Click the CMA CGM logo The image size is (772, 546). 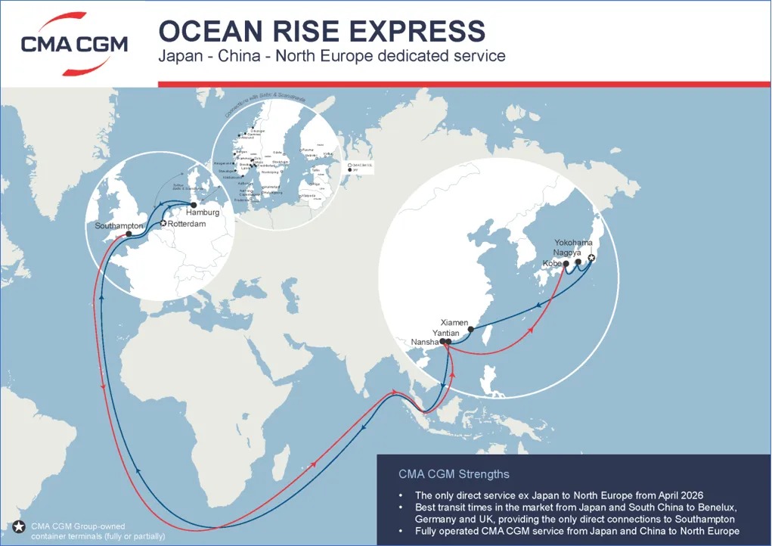[74, 44]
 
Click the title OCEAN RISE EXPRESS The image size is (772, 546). [321, 30]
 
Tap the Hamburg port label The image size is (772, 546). [203, 213]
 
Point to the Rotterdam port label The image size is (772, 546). [187, 224]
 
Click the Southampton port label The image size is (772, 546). [119, 226]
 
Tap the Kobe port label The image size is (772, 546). [552, 263]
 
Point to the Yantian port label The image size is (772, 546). [446, 332]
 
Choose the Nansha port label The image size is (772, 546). [426, 342]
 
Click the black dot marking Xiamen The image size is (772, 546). [472, 329]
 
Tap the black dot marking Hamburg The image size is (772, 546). [194, 205]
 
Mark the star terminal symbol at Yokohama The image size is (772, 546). [591, 259]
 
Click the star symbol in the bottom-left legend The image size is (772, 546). [18, 527]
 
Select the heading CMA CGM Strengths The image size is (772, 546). [454, 474]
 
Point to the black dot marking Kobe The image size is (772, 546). [565, 263]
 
